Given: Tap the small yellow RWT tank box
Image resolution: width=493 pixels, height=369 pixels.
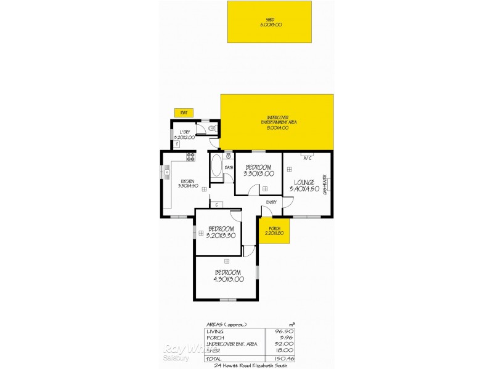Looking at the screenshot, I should tap(184, 113).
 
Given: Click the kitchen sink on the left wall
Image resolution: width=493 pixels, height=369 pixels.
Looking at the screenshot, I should tap(166, 172).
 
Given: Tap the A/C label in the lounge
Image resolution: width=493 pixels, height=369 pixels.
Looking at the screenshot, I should tap(306, 157).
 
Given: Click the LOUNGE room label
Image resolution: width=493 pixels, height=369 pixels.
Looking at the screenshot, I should tap(305, 183).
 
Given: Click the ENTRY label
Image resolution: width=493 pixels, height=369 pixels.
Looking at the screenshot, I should tap(271, 202).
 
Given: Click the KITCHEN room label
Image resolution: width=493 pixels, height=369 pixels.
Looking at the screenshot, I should tap(187, 183).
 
